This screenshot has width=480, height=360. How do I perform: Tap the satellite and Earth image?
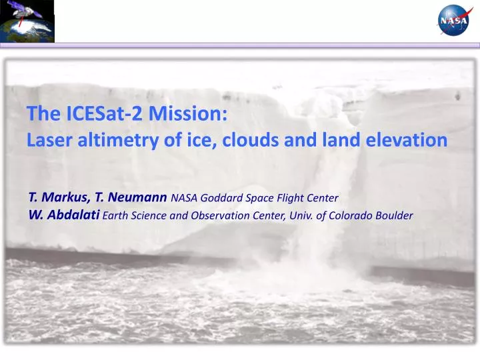tap(27, 21)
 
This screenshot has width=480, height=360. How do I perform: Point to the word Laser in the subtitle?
tap(47, 140)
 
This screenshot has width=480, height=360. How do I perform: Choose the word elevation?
tap(406, 140)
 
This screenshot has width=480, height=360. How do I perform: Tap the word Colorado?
tap(353, 215)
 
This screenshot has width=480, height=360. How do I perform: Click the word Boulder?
tap(395, 215)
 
